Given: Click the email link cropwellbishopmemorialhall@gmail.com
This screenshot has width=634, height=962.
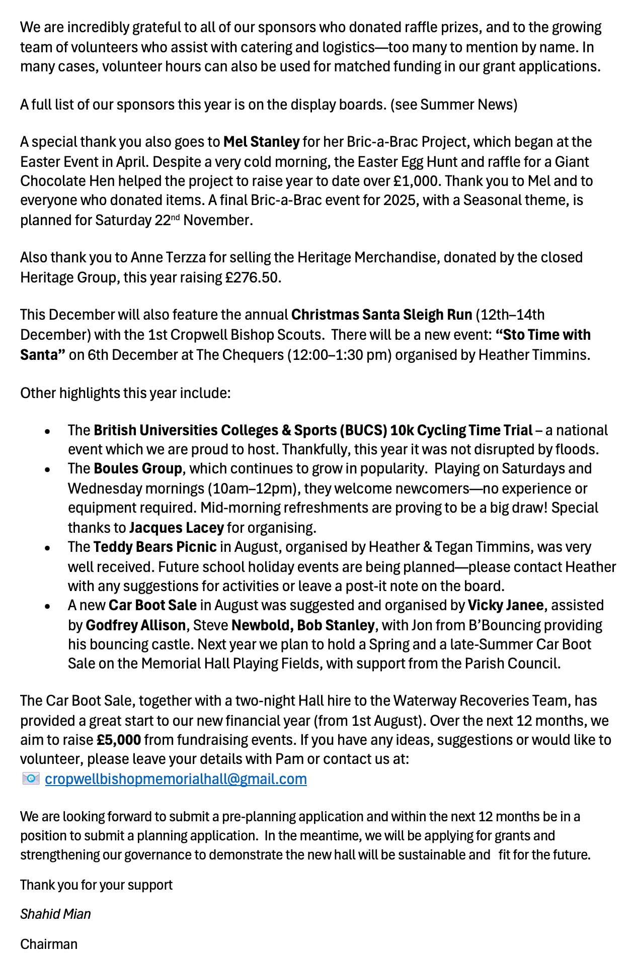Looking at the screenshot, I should pos(176,779).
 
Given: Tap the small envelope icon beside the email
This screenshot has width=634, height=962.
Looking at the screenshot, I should pos(31,779).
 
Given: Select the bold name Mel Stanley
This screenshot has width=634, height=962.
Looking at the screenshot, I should pos(261,142).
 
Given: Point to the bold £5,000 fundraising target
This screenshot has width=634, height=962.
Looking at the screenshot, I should pos(119,740).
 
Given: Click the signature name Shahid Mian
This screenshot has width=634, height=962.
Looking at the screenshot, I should pos(55,914).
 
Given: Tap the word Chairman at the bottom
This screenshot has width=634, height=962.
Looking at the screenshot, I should pos(49,944).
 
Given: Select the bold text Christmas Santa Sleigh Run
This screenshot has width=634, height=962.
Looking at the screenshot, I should pos(381,315).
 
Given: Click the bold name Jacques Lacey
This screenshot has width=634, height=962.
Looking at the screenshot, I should pos(176,528).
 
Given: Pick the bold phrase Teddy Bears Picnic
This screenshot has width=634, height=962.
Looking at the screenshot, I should pos(155,547).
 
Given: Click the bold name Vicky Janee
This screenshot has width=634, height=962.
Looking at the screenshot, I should pos(505,605).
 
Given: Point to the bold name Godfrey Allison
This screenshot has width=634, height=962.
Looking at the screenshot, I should pos(136,625).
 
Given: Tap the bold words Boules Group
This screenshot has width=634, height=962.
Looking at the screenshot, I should pos(138,468).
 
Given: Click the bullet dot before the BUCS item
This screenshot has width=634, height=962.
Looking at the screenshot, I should pos(47,431).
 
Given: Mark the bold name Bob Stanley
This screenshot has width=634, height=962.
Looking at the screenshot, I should pos(336,625).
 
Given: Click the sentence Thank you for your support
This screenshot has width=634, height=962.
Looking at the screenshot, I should pos(96,885).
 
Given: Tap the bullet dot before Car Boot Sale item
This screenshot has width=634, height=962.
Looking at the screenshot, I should pos(47,606).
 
